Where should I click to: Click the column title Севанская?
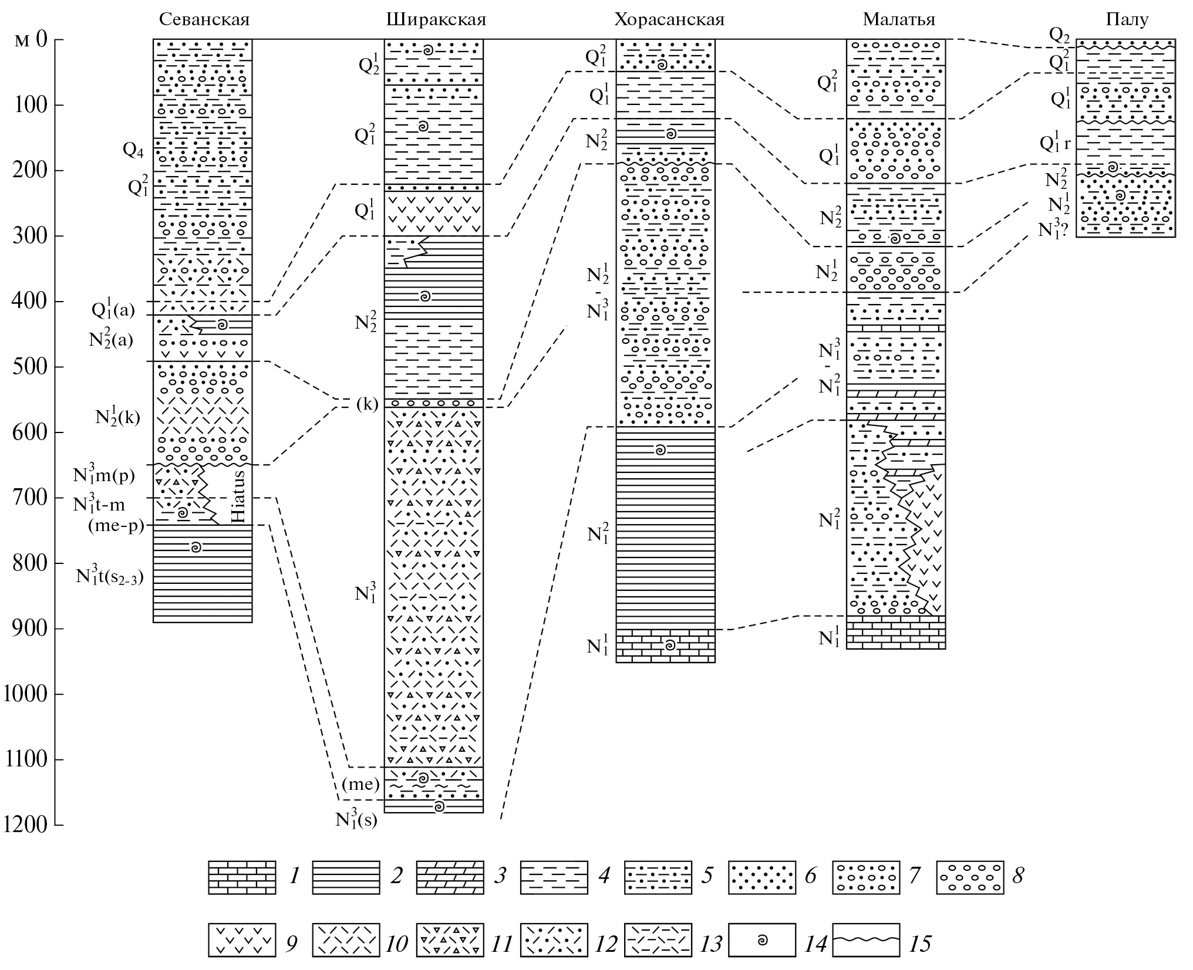(204, 20)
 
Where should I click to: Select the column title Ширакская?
(436, 20)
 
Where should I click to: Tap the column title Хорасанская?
(669, 20)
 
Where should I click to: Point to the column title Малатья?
(898, 20)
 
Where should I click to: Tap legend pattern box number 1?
(242, 877)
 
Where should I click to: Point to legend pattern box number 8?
(970, 877)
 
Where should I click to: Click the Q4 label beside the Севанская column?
(133, 150)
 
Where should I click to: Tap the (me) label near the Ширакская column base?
(361, 785)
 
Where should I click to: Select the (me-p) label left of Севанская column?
(116, 526)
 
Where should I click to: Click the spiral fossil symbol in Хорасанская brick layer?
(669, 645)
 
